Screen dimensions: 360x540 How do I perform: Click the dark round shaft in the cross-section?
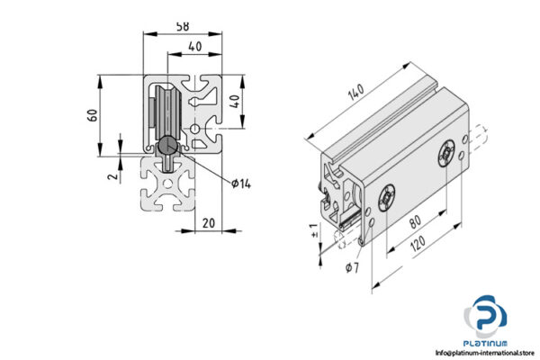pos(168,147)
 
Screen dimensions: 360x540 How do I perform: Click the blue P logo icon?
pos(486,316)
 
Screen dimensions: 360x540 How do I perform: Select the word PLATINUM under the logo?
pos(486,344)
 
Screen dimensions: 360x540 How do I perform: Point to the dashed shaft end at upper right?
pos(478,136)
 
